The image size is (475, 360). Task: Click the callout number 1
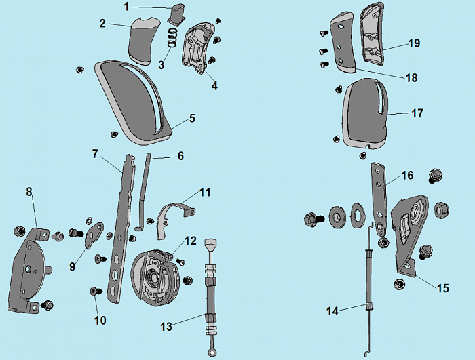click(x=126, y=7)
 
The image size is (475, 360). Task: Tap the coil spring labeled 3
click(x=172, y=44)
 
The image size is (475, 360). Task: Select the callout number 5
click(x=192, y=118)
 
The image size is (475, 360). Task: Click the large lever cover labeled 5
click(x=136, y=102)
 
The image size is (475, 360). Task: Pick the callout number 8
click(x=29, y=192)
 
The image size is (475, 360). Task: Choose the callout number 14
click(x=332, y=311)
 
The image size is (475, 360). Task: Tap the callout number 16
click(x=407, y=175)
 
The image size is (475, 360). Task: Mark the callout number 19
click(x=414, y=43)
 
